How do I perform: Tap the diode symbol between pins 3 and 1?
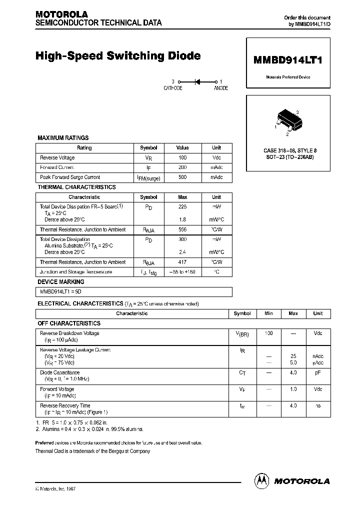click(197, 81)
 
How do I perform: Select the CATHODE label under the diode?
click(173, 88)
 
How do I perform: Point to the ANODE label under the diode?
click(220, 88)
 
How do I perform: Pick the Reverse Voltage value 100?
click(182, 157)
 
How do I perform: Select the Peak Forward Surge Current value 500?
click(182, 177)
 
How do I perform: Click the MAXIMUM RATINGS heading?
click(63, 137)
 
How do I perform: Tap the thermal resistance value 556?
click(182, 229)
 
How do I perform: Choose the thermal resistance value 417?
click(182, 262)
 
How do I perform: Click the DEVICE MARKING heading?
click(61, 282)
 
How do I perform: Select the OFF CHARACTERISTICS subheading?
click(69, 323)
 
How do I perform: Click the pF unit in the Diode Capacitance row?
click(317, 372)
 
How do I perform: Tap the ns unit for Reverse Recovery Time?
click(317, 405)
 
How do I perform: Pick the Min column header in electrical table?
click(268, 313)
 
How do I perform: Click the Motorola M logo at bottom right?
click(261, 480)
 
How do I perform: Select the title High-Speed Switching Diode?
click(118, 56)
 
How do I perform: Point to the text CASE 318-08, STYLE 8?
click(290, 150)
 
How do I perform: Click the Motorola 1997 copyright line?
click(55, 488)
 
